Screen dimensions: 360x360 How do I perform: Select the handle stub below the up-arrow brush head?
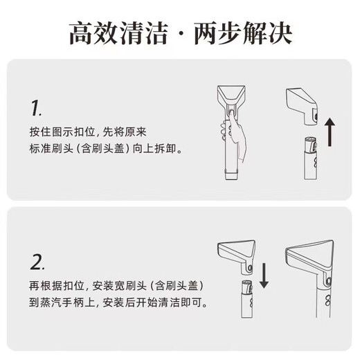click(309, 159)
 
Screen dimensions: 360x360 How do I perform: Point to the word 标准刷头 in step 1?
click(60, 147)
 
